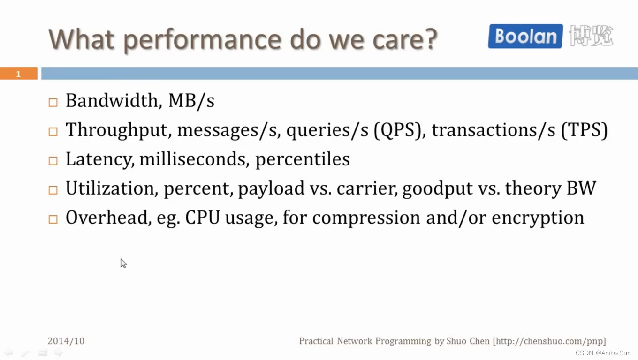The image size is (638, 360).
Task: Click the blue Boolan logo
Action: click(x=525, y=37)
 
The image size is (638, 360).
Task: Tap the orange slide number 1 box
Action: click(x=18, y=74)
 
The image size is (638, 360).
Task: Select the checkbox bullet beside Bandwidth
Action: click(x=53, y=102)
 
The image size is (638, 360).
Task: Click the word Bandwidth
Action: click(x=112, y=100)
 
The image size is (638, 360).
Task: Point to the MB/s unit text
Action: click(x=191, y=101)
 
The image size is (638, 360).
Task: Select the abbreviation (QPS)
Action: click(x=397, y=130)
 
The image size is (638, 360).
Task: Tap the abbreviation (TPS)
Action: click(x=584, y=130)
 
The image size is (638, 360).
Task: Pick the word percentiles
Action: click(x=303, y=159)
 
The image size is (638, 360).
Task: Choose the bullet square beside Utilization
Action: click(x=53, y=190)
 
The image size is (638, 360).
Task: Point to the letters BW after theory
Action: click(x=581, y=188)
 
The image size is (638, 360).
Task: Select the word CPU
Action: click(x=203, y=217)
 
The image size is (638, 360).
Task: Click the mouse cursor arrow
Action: click(x=123, y=263)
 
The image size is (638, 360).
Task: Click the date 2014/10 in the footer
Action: click(x=66, y=341)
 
